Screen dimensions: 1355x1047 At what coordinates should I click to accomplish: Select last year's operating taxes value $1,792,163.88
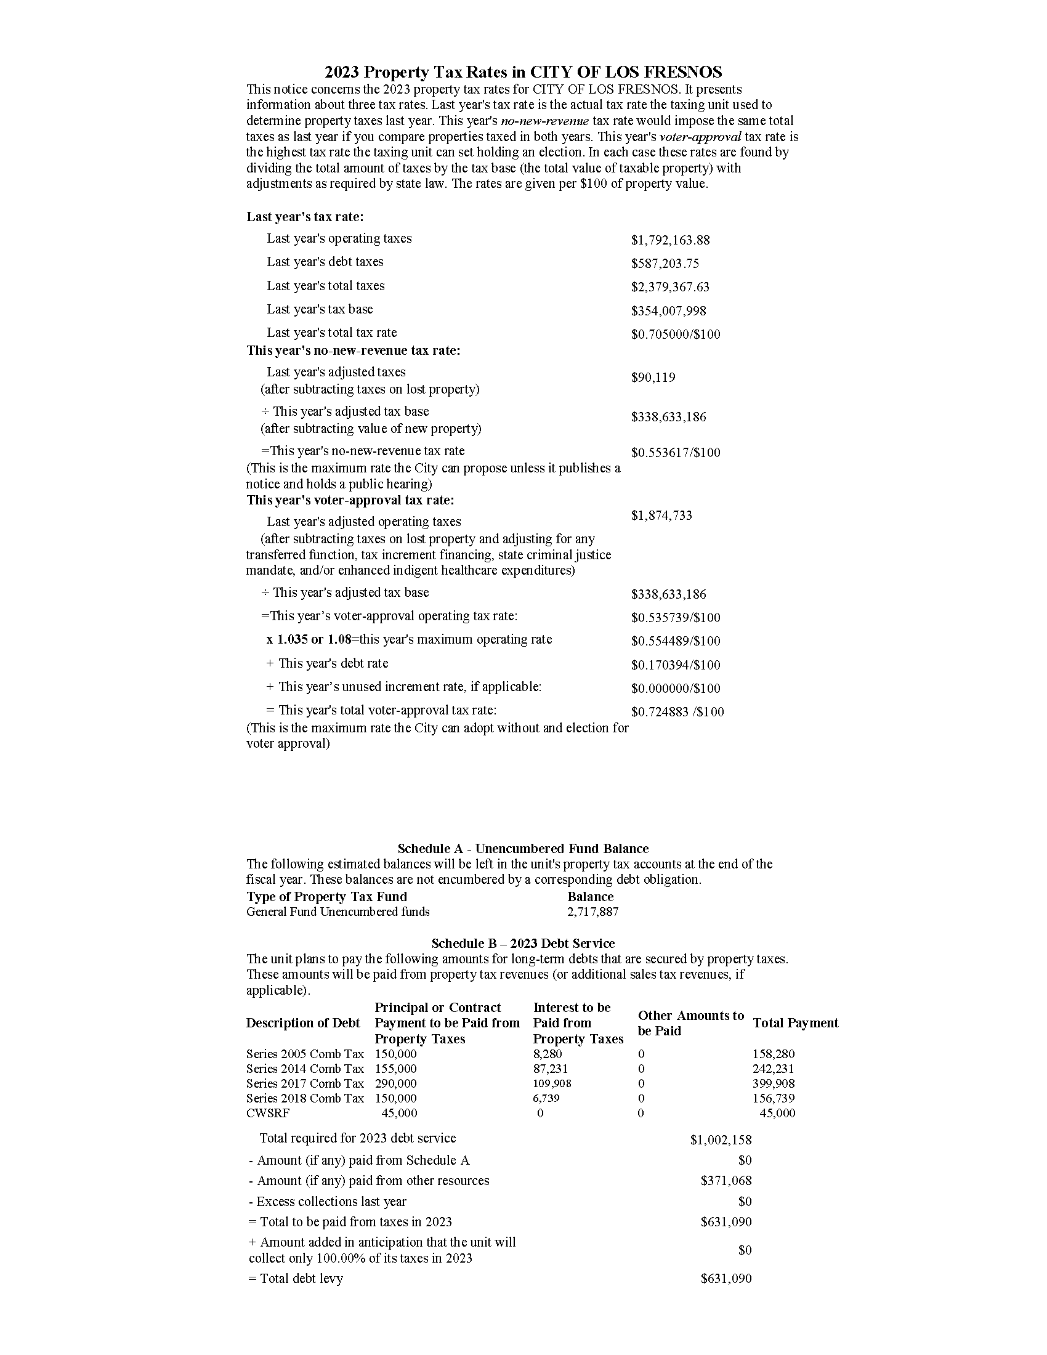tap(670, 240)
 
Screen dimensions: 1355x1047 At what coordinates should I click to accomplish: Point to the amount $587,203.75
tap(665, 264)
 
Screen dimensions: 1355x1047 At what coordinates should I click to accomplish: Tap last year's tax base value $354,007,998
tap(668, 311)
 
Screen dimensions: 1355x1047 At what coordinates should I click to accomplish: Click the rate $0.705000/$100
tap(676, 334)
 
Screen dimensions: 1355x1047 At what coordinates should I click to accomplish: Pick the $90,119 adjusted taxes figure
tap(653, 378)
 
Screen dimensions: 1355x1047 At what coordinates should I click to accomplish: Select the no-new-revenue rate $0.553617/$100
tap(676, 453)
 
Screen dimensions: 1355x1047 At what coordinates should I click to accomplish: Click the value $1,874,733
tap(661, 516)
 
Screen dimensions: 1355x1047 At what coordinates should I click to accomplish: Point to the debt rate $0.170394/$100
tap(676, 665)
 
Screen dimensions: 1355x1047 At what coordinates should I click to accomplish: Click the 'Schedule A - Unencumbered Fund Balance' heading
tap(523, 849)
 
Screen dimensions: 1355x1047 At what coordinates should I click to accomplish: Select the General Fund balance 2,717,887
tap(592, 912)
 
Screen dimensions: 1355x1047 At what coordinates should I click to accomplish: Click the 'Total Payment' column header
tap(795, 1023)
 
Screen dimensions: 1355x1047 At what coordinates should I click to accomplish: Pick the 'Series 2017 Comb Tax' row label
tap(304, 1083)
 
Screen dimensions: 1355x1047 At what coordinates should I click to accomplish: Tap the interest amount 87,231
tap(550, 1069)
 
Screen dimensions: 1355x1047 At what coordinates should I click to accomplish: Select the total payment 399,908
tap(774, 1083)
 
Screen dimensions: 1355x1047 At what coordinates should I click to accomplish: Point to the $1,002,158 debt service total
tap(721, 1139)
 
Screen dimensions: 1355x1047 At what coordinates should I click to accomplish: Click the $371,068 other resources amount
tap(726, 1181)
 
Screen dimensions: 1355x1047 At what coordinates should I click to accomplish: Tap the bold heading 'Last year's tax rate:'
tap(304, 217)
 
